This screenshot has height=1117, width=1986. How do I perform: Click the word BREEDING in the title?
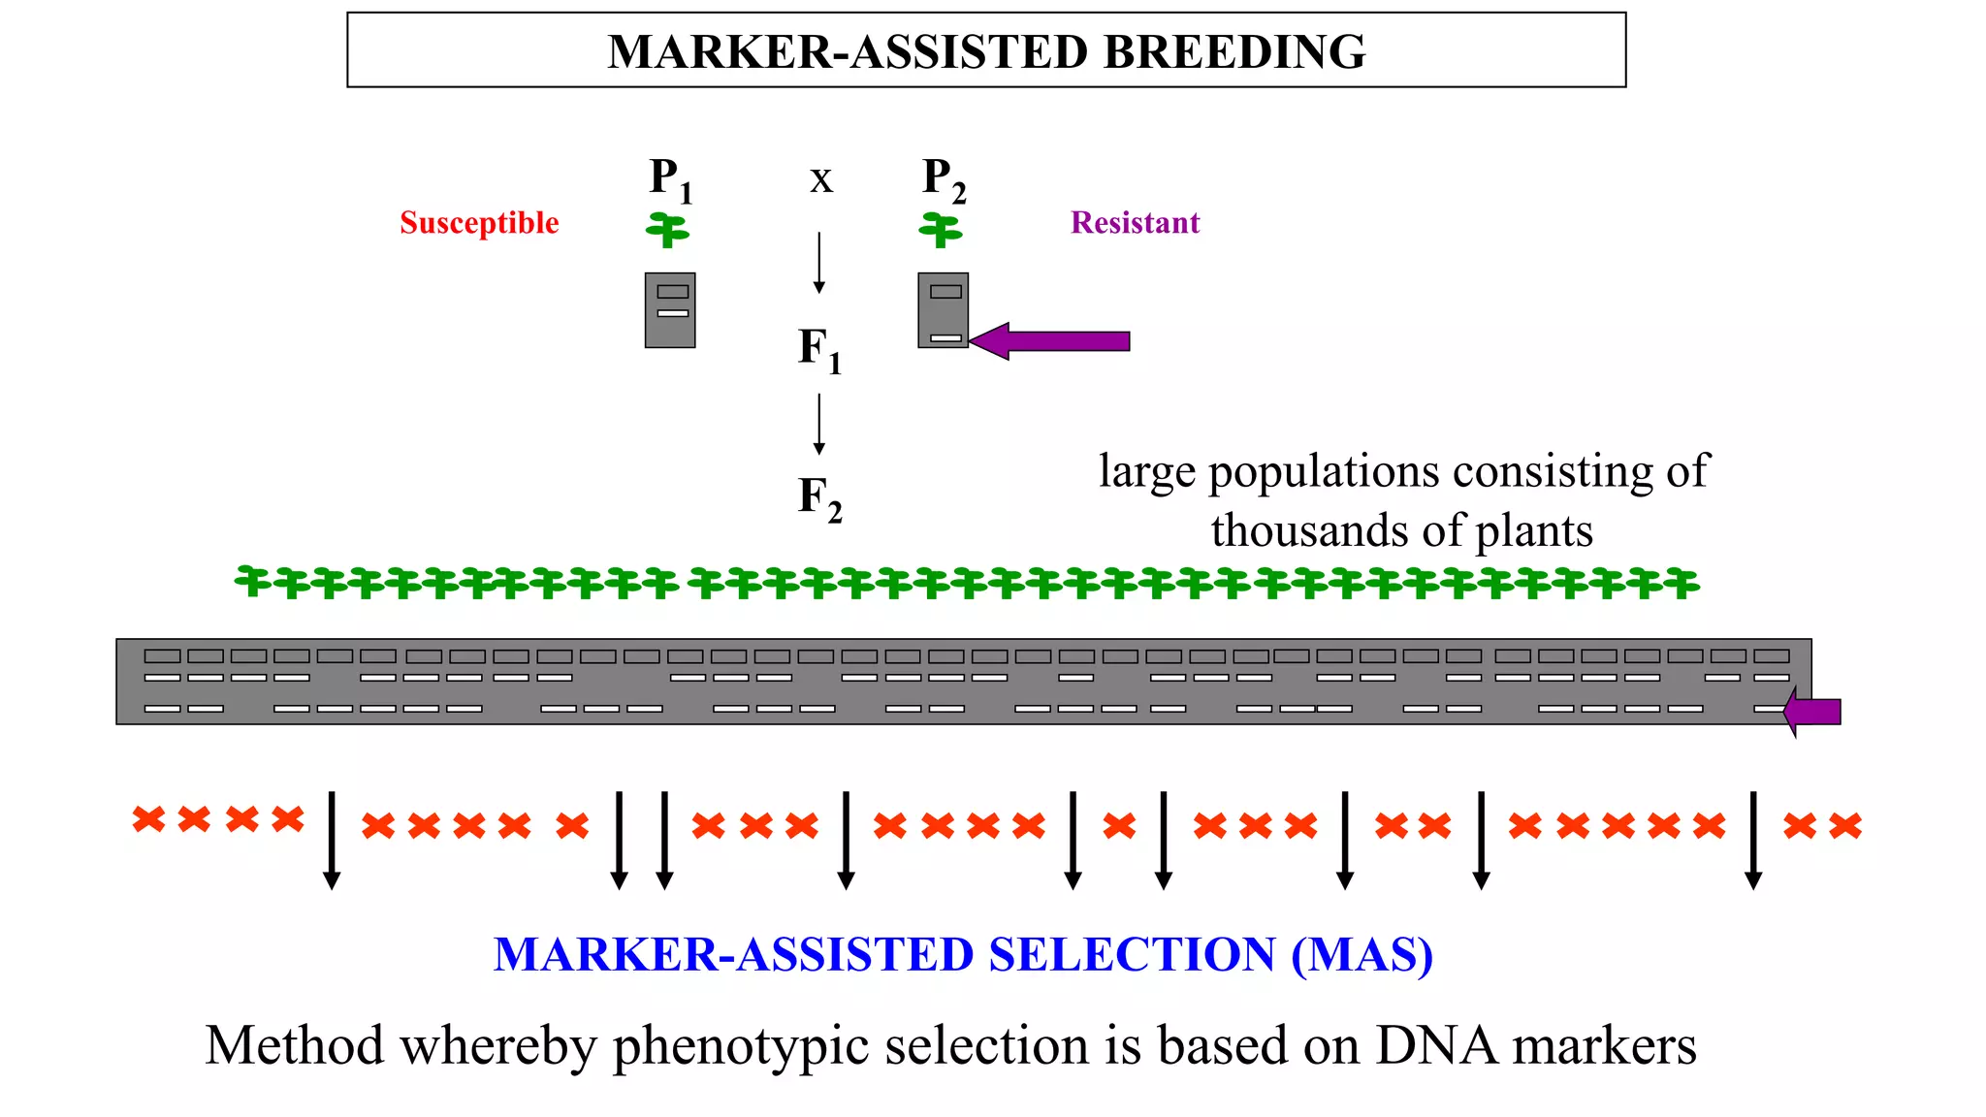tap(1233, 52)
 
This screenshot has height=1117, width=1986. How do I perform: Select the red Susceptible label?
tap(479, 223)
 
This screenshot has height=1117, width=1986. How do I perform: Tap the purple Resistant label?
tap(1135, 223)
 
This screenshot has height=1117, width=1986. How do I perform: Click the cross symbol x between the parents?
tap(820, 180)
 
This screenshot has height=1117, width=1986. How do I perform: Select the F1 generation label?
tap(819, 350)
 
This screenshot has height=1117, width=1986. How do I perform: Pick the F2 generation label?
tap(819, 498)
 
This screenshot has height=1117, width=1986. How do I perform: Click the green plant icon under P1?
tap(667, 231)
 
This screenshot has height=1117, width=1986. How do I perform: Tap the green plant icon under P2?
tap(941, 231)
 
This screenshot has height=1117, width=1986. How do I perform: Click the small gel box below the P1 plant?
tap(670, 310)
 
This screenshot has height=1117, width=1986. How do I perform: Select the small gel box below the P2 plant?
tap(943, 310)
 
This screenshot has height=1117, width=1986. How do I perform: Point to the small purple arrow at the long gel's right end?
tap(1812, 713)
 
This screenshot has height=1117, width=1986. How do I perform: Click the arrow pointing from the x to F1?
tap(819, 262)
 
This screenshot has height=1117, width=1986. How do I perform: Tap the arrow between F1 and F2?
tap(819, 424)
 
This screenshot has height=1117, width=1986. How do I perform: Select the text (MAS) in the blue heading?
tap(1361, 955)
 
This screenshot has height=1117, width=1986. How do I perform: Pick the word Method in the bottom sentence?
tap(295, 1046)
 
